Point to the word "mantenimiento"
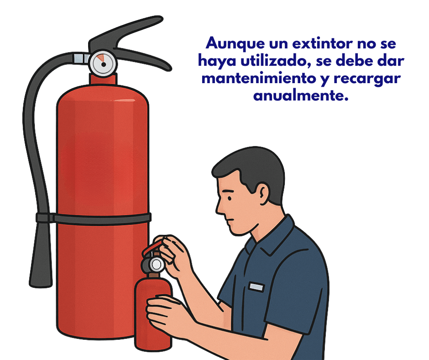point(259,79)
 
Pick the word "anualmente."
point(301,95)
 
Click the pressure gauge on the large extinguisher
point(103,64)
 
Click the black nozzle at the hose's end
point(41,255)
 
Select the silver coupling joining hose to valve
point(82,58)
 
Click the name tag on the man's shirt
point(256,287)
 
